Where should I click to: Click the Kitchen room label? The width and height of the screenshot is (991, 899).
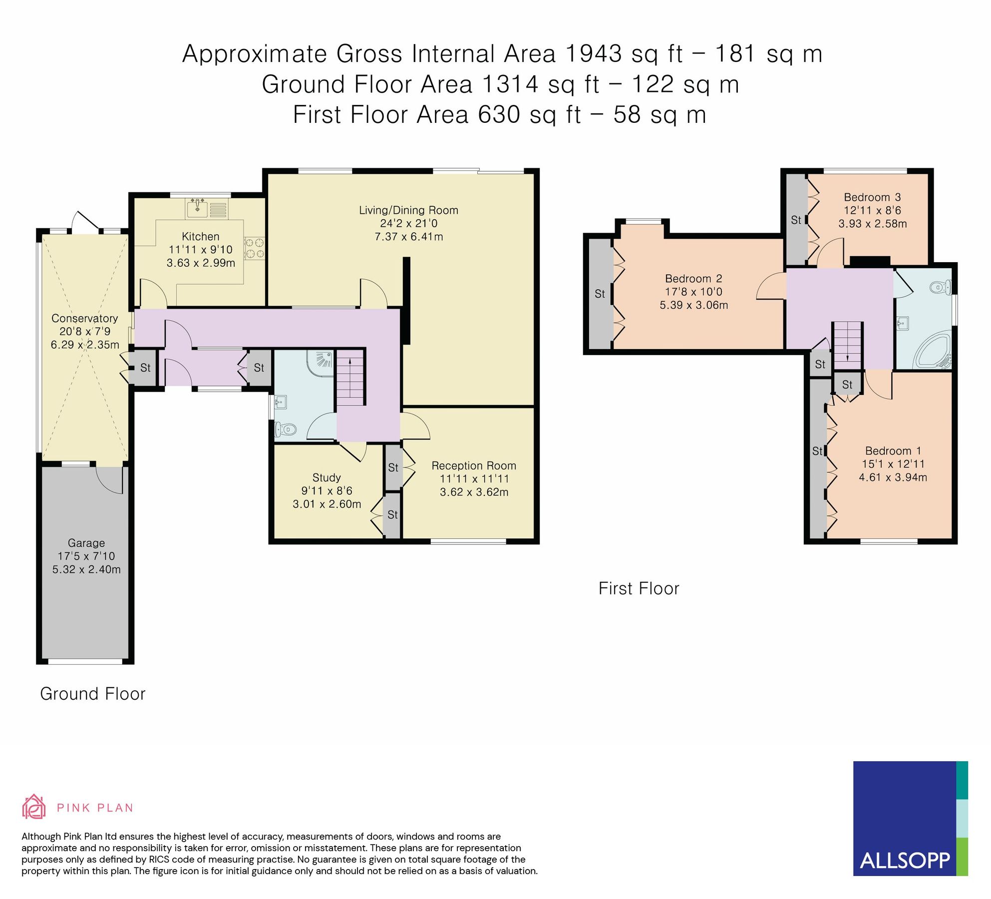[x=200, y=236]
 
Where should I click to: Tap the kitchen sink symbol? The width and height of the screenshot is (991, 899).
[x=198, y=207]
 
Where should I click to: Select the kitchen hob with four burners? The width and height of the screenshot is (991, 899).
[x=254, y=248]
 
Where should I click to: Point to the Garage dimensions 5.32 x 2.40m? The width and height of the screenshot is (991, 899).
[x=86, y=569]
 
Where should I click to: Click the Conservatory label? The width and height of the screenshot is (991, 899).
[x=84, y=318]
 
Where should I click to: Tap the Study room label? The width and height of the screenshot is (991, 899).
[x=327, y=477]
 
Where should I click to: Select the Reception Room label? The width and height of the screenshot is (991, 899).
[x=473, y=465]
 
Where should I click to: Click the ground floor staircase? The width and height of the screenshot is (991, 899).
[x=350, y=378]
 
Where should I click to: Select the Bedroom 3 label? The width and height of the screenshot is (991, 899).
[x=872, y=197]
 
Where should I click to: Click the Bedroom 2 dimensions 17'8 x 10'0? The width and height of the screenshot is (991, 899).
[x=693, y=292]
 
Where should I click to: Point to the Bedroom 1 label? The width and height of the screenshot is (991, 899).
[x=893, y=450]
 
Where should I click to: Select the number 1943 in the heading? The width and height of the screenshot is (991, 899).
[x=594, y=53]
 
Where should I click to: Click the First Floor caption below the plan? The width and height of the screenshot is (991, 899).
[x=639, y=588]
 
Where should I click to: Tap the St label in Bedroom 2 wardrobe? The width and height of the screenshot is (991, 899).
[x=600, y=294]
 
